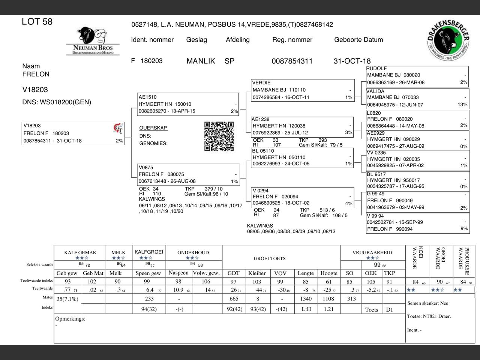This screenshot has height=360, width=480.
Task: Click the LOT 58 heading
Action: click(x=37, y=22)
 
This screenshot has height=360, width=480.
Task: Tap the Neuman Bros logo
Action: click(x=93, y=41)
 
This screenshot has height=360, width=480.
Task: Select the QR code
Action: click(x=219, y=136)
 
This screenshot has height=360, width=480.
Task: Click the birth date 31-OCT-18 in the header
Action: click(x=352, y=61)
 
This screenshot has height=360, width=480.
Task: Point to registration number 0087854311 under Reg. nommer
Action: click(x=292, y=61)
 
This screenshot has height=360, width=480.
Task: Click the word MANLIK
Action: click(x=201, y=61)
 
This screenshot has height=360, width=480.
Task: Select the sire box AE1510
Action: click(x=188, y=104)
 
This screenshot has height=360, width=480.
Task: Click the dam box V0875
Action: click(x=189, y=174)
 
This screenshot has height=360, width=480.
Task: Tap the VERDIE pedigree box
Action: click(x=303, y=90)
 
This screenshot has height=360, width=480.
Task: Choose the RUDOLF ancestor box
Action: click(x=417, y=76)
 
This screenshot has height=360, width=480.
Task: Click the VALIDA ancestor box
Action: click(x=417, y=98)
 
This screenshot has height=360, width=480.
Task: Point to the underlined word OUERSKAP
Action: click(x=153, y=128)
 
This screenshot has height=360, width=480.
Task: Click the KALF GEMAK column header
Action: click(x=80, y=252)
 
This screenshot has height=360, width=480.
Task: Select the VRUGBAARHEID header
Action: click(x=372, y=252)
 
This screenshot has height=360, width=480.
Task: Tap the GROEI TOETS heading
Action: click(x=270, y=258)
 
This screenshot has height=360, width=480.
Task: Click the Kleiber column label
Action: click(x=257, y=273)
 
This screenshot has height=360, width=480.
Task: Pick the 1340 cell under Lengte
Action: click(x=306, y=298)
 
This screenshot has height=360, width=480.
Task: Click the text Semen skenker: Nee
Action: click(x=427, y=303)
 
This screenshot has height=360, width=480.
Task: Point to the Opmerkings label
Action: click(x=70, y=319)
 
